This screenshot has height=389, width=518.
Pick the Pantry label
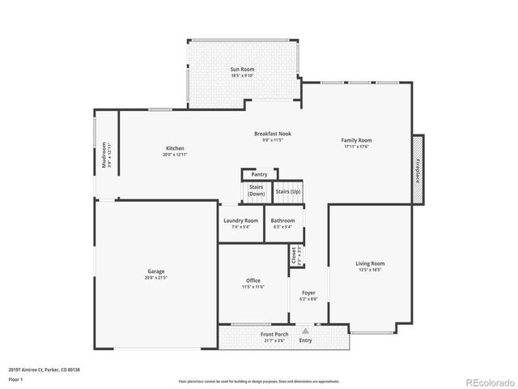(x=259, y=174)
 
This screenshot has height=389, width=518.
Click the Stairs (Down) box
(x=257, y=191)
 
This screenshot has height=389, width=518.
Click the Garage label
(x=155, y=274)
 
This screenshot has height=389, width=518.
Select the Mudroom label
(x=104, y=156)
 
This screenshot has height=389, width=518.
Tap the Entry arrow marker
(x=305, y=331)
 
